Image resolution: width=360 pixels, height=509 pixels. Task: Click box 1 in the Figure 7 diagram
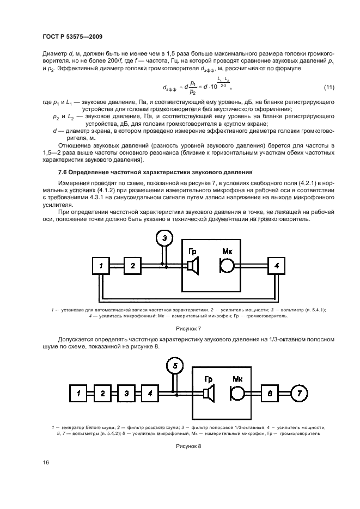coord(101,266)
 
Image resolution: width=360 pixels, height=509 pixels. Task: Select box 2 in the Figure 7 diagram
coord(132,266)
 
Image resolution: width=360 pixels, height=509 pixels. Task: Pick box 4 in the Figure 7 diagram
coord(277,266)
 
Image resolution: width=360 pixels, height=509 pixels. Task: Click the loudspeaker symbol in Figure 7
coord(193,266)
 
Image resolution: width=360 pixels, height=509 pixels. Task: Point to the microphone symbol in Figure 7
coord(227,266)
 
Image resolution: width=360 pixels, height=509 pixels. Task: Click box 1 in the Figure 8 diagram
coord(78,393)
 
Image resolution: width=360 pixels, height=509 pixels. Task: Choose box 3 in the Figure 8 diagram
coord(126,393)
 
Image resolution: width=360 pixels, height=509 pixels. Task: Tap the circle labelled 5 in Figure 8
coord(175,365)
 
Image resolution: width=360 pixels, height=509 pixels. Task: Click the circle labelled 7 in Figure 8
coord(299,393)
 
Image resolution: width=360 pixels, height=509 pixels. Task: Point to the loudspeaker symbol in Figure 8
coord(208,393)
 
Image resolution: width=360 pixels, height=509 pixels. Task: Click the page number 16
coord(46,462)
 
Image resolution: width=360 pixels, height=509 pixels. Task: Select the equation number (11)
coord(328,87)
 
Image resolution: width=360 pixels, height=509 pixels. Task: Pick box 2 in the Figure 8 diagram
coord(102,393)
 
